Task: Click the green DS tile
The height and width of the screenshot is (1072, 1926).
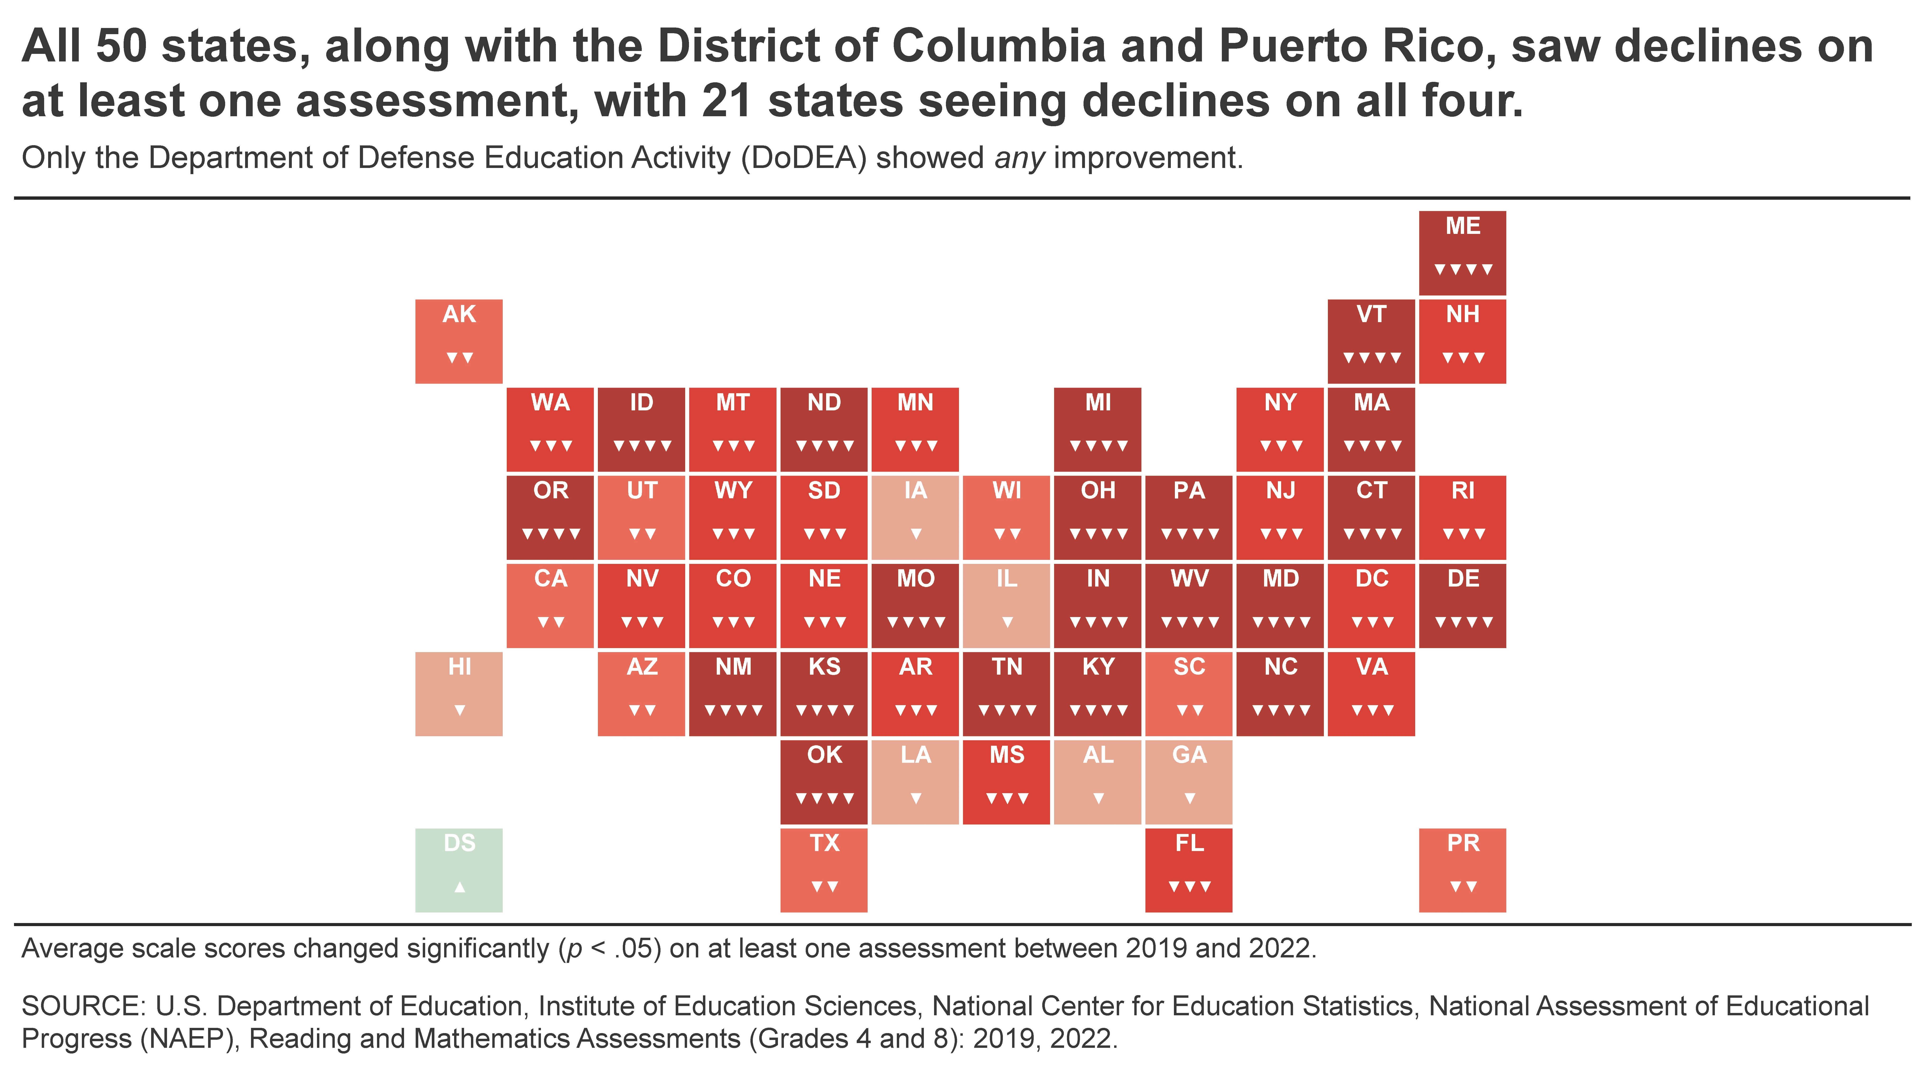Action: (x=459, y=870)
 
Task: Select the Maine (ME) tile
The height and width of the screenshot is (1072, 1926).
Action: (x=1462, y=253)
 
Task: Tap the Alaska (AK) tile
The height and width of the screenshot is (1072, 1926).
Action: (x=459, y=341)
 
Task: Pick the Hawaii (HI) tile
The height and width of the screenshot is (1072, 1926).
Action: (x=459, y=694)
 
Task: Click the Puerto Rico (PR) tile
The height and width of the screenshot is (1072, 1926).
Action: (x=1462, y=870)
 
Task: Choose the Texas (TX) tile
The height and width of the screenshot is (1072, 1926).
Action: (x=824, y=870)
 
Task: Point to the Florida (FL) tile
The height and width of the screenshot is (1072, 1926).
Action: (x=1189, y=870)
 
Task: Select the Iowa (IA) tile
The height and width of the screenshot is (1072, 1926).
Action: (x=915, y=517)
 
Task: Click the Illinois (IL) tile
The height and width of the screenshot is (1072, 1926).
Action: (x=1006, y=606)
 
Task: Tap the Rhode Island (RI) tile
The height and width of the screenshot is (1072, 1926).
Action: (x=1462, y=517)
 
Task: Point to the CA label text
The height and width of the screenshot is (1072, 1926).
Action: (x=551, y=579)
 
